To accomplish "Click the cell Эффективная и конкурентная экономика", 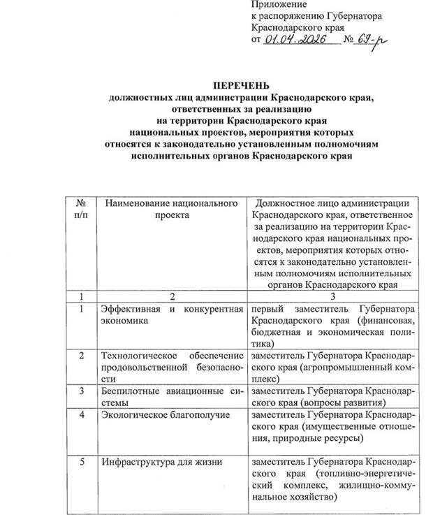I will point(171,314).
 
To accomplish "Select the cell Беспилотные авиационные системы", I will point(171,396).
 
